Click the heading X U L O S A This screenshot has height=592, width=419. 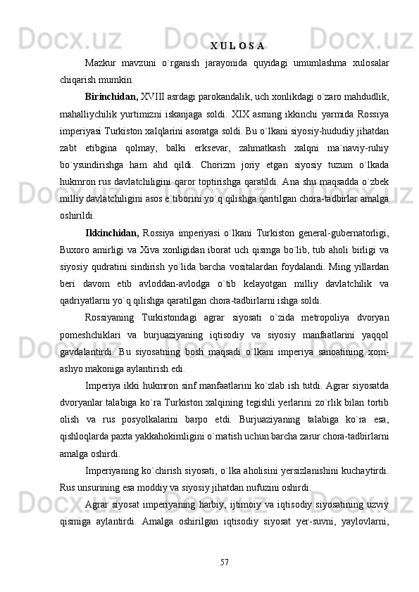[237, 47]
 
